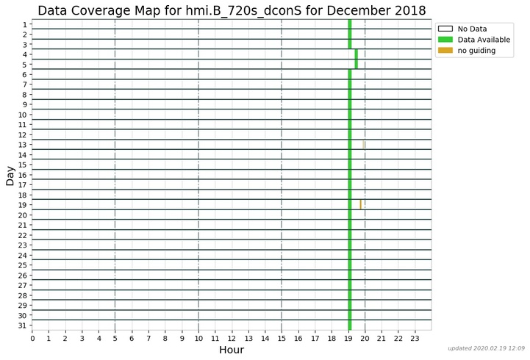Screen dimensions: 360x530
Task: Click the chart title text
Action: pos(232,10)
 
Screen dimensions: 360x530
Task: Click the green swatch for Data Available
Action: pos(445,40)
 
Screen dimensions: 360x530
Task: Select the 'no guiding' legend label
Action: pos(476,51)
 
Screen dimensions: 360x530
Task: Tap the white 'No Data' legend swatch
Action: pos(445,29)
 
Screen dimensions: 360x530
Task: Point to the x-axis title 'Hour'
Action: pos(232,350)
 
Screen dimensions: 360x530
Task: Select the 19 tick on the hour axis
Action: pos(348,338)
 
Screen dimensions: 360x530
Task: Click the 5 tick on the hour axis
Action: pos(115,338)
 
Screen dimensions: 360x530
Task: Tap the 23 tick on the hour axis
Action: pos(415,338)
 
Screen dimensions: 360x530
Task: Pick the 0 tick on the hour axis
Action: pos(32,338)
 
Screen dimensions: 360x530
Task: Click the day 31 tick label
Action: pos(23,325)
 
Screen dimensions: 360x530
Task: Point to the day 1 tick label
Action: pos(25,24)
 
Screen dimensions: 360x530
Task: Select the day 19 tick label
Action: pos(23,205)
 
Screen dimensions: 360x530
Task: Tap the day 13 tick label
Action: pos(23,145)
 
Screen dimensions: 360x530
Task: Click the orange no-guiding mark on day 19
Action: pos(360,204)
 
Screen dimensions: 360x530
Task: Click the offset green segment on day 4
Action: pos(357,54)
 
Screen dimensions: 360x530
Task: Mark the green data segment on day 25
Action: pos(350,265)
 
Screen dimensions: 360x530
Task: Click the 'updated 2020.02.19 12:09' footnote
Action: pos(486,348)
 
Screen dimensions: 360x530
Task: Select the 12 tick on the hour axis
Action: pos(232,338)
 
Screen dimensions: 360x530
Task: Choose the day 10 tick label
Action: pos(23,115)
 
